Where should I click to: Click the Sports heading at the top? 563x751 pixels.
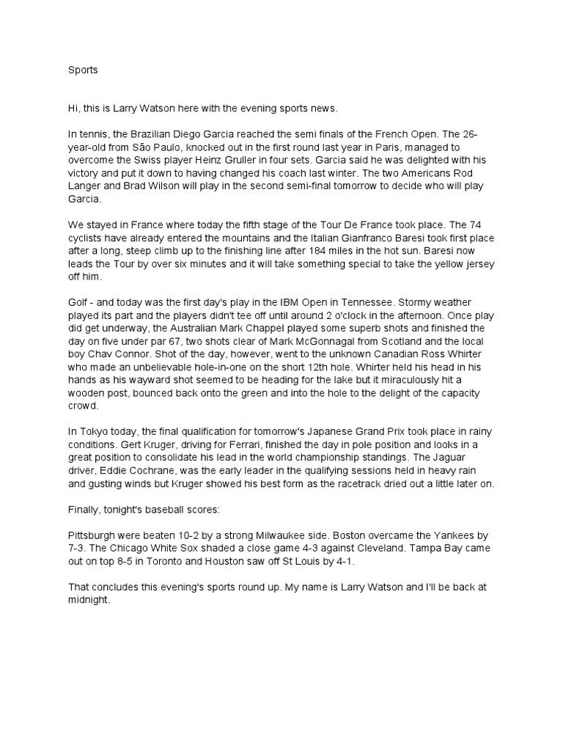(x=82, y=70)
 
